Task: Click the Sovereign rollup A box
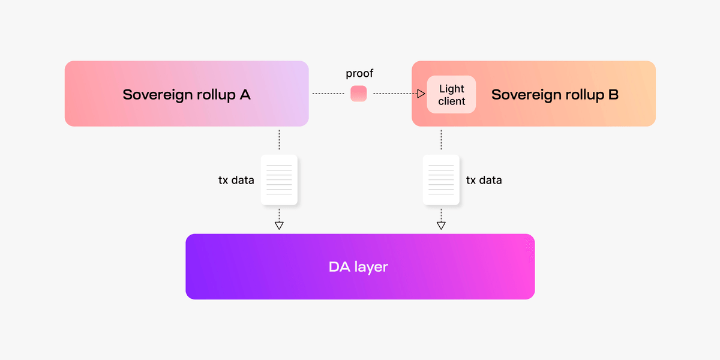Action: click(187, 94)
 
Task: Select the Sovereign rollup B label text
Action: click(555, 94)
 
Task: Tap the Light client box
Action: click(451, 94)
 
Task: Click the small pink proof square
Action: click(359, 94)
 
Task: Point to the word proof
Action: click(359, 74)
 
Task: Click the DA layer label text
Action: click(359, 266)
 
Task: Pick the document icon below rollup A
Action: click(279, 180)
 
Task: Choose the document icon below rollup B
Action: click(441, 180)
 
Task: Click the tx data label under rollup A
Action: click(236, 180)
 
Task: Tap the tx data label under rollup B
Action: click(484, 180)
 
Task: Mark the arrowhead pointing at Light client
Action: click(421, 94)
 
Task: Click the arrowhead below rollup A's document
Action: click(279, 226)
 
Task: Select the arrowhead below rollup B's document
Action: click(441, 226)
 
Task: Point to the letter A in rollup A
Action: click(244, 94)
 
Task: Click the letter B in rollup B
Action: click(613, 94)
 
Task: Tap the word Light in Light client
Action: click(451, 88)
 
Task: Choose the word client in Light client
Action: click(451, 101)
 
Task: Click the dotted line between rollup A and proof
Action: click(329, 94)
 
